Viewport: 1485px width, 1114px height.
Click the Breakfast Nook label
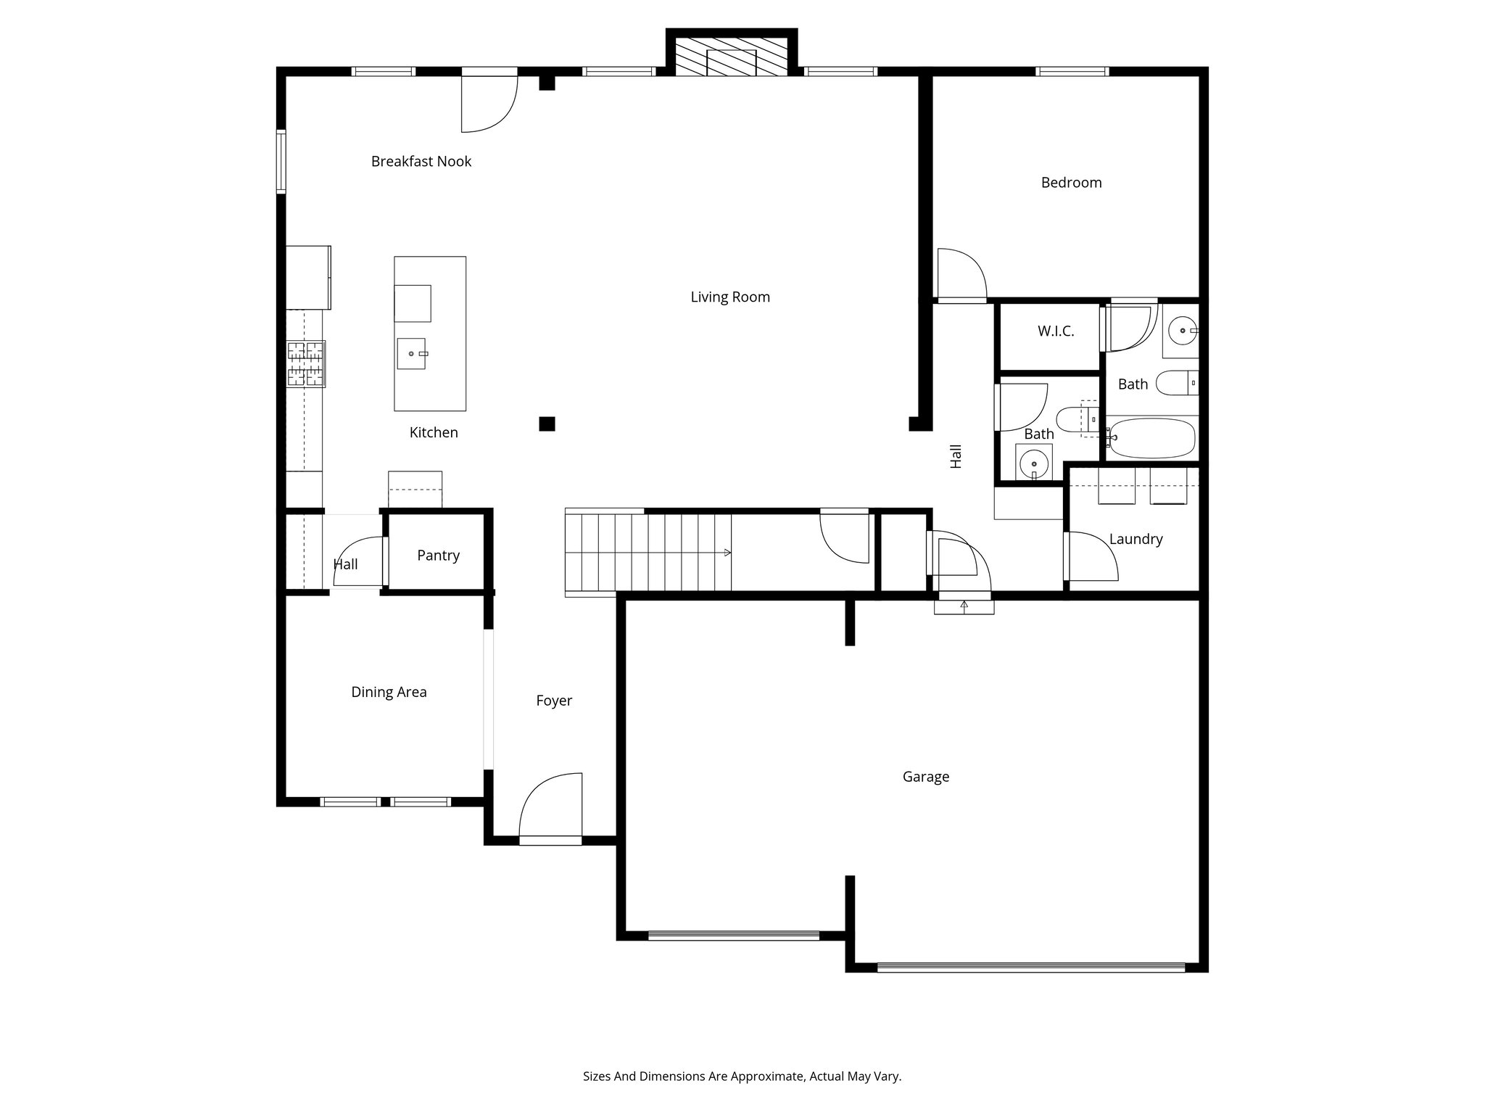[421, 161]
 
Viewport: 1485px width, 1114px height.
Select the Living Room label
[729, 297]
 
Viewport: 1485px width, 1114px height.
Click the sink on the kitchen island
[411, 353]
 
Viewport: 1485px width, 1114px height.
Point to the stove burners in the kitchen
[306, 363]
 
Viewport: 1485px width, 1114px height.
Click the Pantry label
[438, 555]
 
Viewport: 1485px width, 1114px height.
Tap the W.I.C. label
[1055, 331]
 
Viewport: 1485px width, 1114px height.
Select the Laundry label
[1136, 539]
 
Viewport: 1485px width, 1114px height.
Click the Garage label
[925, 777]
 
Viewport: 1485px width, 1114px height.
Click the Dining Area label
[389, 692]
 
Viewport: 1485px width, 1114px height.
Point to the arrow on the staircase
[727, 553]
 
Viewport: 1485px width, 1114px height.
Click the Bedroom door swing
[961, 274]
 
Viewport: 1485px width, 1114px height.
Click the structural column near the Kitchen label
[547, 424]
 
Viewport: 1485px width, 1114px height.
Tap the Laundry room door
[1091, 557]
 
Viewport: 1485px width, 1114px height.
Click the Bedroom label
[1071, 183]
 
